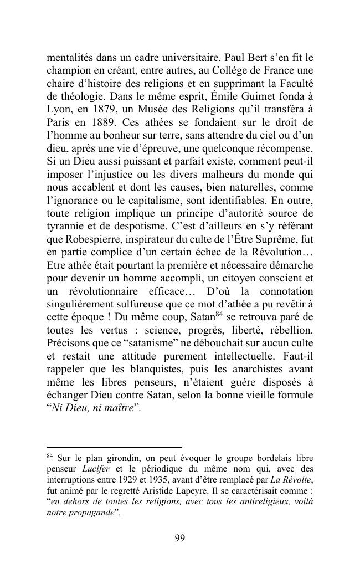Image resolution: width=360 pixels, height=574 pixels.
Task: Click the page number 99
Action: [179, 537]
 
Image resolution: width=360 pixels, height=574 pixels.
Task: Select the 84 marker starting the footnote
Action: [49, 456]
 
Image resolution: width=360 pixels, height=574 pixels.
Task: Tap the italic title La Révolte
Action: [294, 480]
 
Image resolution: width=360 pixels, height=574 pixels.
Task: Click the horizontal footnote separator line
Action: [114, 447]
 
